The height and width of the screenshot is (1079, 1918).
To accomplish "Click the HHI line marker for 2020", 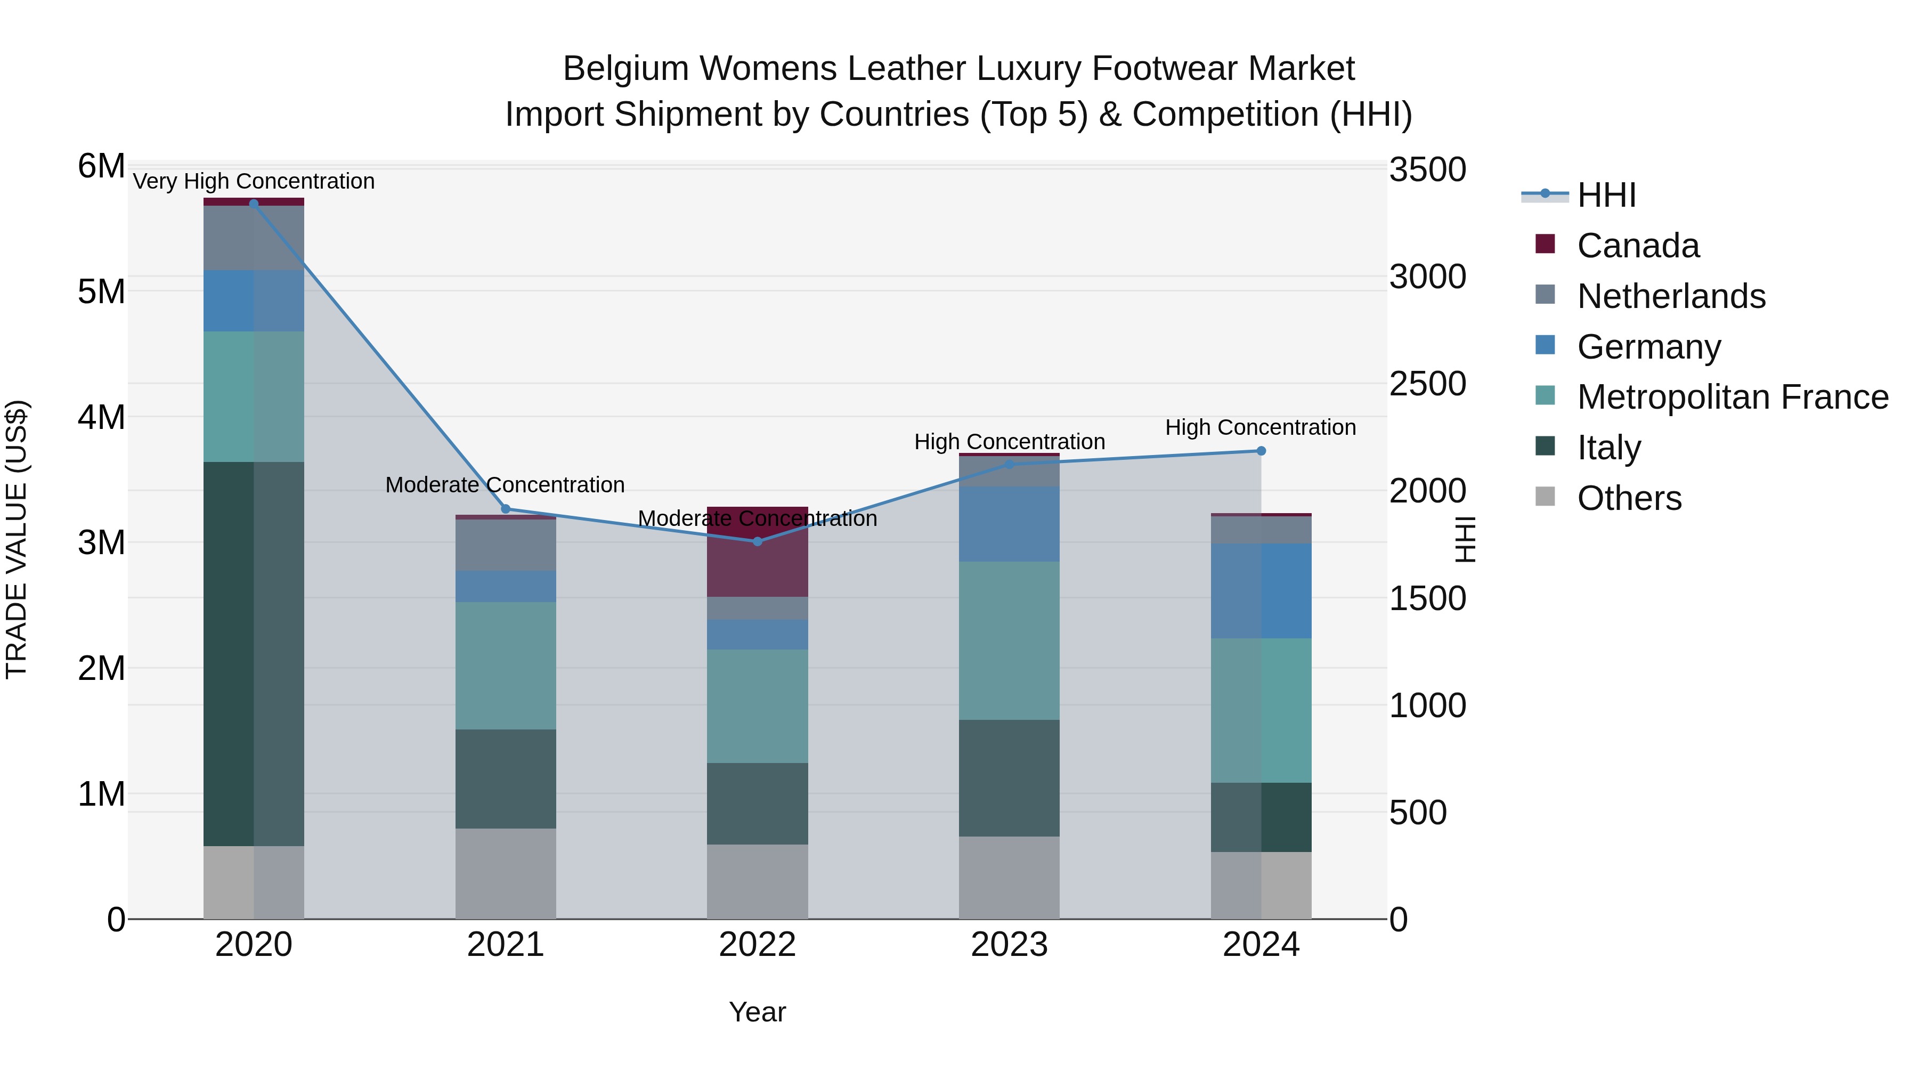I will pos(254,204).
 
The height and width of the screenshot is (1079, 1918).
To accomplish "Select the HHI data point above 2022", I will pos(757,541).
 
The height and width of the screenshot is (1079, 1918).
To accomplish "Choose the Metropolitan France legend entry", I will pos(1732,397).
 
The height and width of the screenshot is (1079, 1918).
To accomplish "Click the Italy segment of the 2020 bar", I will pos(254,654).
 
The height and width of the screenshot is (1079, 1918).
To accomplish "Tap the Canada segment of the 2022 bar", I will pos(757,552).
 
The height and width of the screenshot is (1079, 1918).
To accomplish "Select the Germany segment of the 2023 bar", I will pos(1009,523).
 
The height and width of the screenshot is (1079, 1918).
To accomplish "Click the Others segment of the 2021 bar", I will pos(506,873).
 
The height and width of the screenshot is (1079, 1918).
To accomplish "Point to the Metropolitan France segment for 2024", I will pos(1261,710).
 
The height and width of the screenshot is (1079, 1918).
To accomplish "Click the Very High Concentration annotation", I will pos(254,182).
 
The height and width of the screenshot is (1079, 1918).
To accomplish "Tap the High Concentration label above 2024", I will pos(1260,427).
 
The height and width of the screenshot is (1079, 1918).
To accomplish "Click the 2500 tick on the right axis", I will pos(1427,384).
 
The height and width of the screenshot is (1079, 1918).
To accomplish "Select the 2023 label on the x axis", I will pos(1009,945).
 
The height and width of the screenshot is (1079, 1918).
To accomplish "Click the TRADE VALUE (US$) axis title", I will pos(17,539).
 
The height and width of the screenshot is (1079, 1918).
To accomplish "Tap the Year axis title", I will pos(757,1012).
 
